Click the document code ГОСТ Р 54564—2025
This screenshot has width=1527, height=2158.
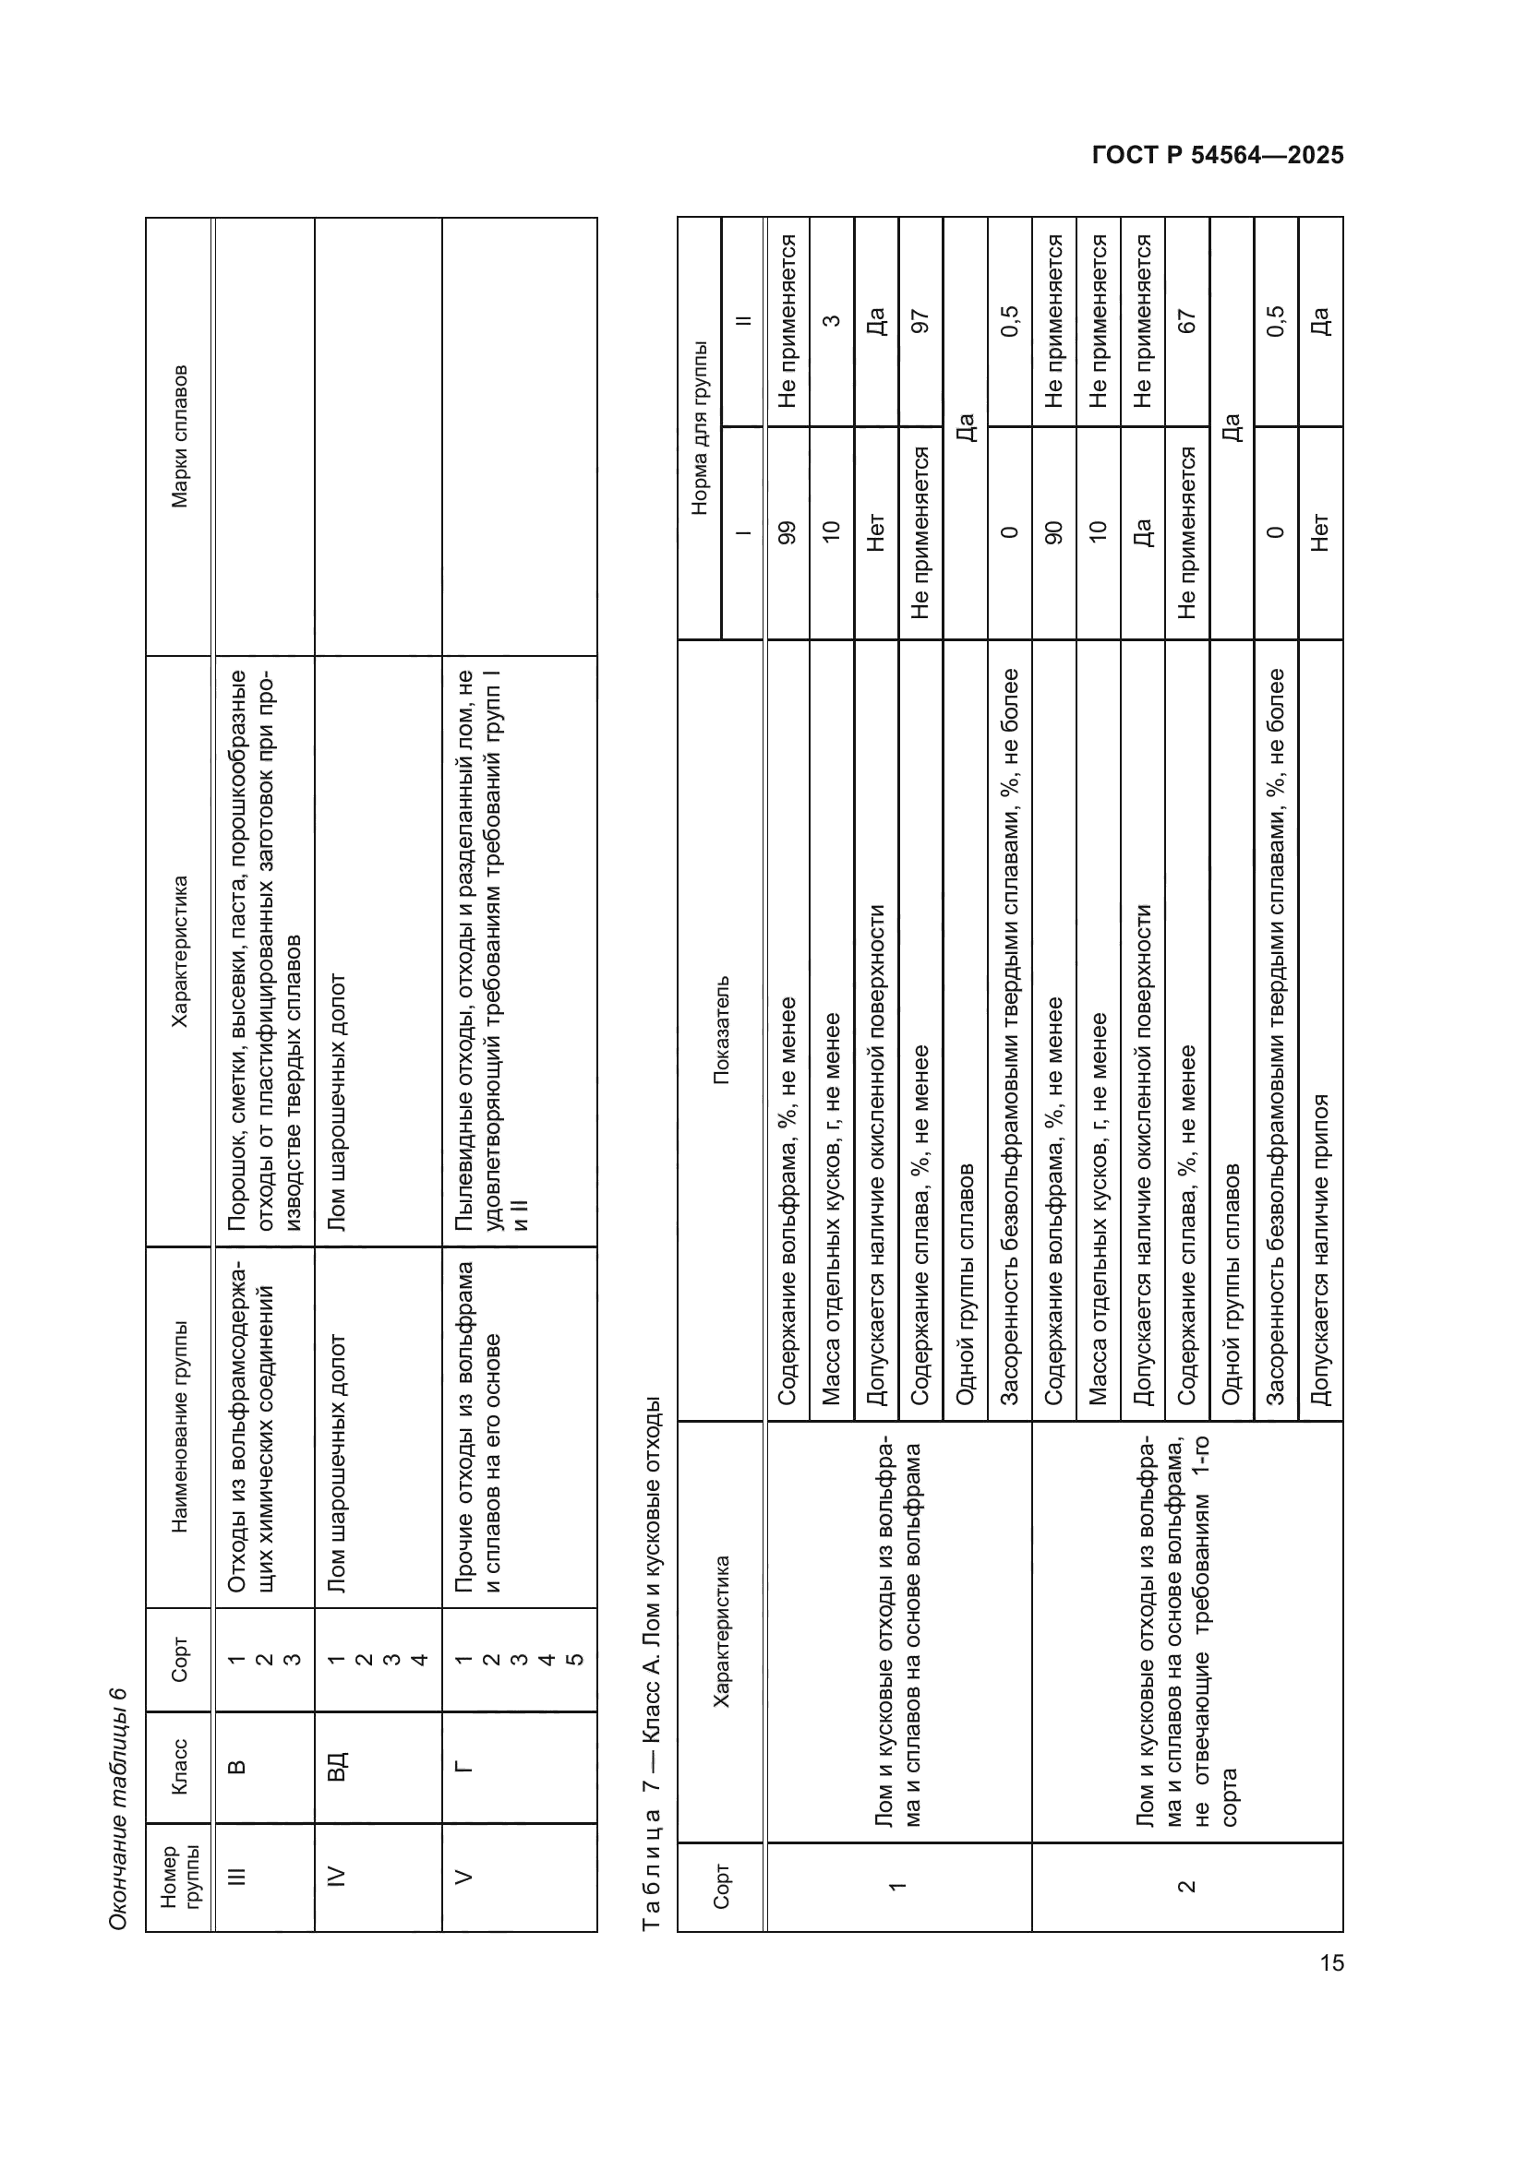tap(1217, 156)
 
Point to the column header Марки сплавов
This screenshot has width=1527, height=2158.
tap(180, 436)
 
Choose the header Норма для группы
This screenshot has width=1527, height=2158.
tap(699, 428)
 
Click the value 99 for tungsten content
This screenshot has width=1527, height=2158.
tap(787, 532)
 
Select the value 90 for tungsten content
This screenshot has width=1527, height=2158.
tap(1053, 532)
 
